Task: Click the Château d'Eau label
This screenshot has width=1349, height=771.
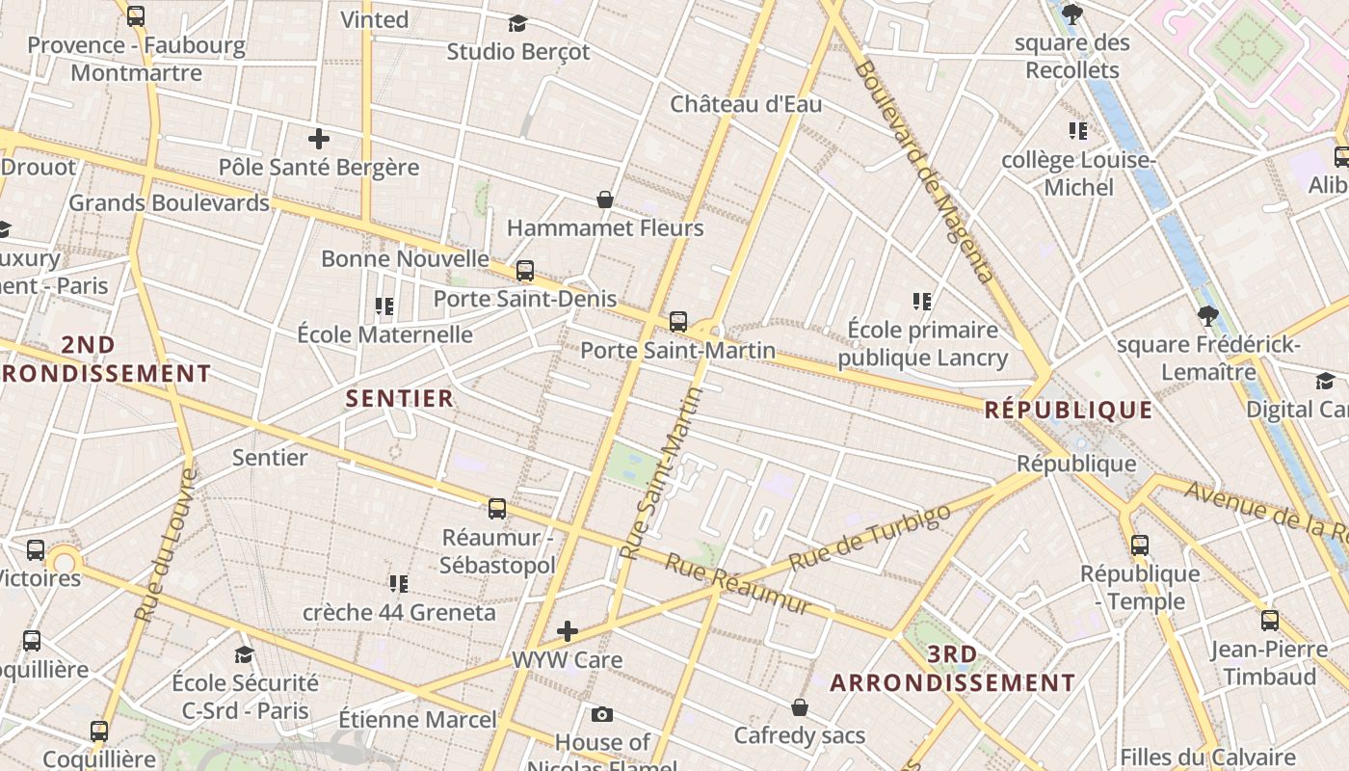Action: pos(746,104)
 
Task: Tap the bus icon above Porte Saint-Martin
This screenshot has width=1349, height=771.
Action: pos(678,322)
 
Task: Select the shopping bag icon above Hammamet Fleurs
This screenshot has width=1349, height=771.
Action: pos(605,199)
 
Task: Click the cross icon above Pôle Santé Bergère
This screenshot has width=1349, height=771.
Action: pos(319,139)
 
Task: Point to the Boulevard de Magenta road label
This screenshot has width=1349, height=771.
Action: pos(922,172)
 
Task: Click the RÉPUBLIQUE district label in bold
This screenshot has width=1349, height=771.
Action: pos(1068,411)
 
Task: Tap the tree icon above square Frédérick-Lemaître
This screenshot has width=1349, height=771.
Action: pos(1207,316)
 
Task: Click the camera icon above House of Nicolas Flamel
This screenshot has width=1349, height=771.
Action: pos(602,714)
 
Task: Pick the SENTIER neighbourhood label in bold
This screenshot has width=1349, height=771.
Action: pos(399,398)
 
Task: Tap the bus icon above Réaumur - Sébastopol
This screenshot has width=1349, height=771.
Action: pos(497,509)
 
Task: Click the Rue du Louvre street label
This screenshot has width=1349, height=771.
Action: pos(165,545)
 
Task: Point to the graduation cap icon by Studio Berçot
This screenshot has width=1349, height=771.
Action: pos(518,23)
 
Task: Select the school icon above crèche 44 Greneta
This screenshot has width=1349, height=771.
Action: pos(398,583)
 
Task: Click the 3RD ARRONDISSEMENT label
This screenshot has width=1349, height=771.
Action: pos(952,669)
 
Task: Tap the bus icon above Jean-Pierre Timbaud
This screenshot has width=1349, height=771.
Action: pos(1270,621)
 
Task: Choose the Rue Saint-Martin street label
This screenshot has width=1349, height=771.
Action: pos(663,473)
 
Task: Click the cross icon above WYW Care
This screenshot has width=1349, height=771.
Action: pos(568,631)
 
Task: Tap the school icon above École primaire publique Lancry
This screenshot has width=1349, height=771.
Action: pos(922,302)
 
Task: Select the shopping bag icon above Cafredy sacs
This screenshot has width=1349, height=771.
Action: pos(800,707)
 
